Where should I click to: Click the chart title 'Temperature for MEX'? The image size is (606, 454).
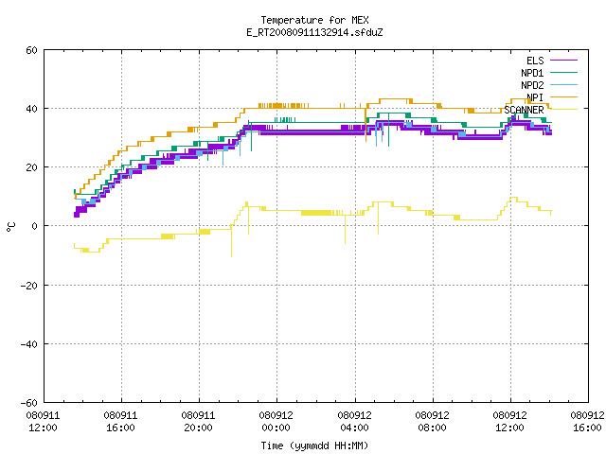[x=314, y=20]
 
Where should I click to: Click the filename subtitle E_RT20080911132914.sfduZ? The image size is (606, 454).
[x=314, y=32]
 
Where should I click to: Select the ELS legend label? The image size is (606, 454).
[x=535, y=61]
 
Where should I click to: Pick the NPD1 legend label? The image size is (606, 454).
[x=532, y=73]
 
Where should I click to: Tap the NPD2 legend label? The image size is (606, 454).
[x=532, y=85]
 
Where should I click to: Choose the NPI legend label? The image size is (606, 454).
[x=535, y=97]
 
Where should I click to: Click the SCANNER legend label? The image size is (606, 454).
[x=524, y=110]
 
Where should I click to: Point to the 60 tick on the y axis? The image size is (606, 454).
[x=31, y=50]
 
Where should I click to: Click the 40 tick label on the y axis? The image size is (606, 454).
[x=31, y=109]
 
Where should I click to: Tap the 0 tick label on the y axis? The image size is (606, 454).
[x=34, y=226]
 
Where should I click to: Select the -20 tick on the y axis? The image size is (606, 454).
[x=29, y=286]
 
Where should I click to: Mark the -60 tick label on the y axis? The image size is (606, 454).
[x=29, y=403]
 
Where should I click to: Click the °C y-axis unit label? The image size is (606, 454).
[x=10, y=227]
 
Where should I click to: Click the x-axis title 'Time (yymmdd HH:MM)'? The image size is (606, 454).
[x=314, y=445]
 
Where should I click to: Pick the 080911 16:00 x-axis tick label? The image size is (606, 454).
[x=120, y=422]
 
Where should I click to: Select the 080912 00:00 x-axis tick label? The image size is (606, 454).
[x=276, y=422]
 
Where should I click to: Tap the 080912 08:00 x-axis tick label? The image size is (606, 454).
[x=432, y=422]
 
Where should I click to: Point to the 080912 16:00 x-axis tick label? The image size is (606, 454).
[x=587, y=422]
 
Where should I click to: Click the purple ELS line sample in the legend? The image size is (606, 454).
[x=563, y=61]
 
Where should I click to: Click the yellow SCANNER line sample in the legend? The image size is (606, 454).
[x=563, y=110]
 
